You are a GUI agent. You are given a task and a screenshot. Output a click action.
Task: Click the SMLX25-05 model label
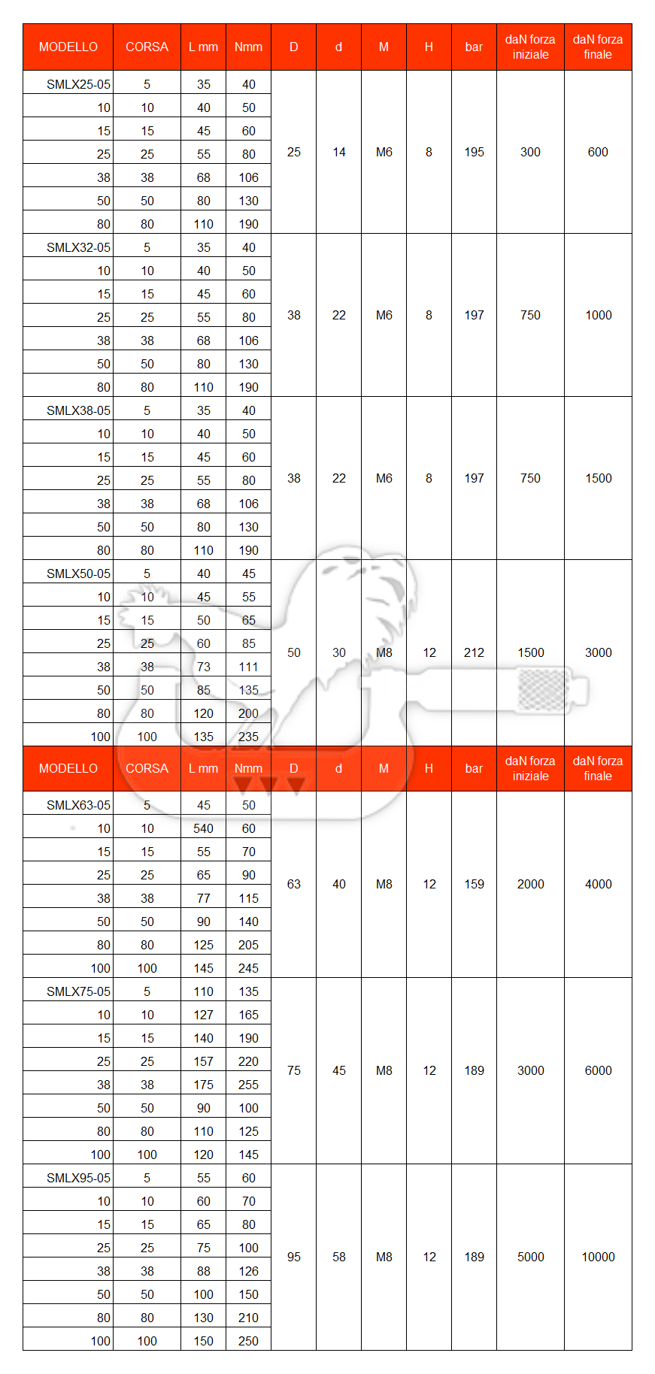click(78, 84)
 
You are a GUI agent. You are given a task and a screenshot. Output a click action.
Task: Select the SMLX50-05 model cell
click(78, 574)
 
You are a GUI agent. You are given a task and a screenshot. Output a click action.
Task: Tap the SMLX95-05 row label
click(78, 1178)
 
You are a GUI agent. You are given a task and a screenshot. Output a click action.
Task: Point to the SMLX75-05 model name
click(78, 991)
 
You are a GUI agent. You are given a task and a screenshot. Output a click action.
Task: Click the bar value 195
click(474, 152)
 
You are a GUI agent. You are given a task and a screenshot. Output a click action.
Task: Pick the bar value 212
click(474, 652)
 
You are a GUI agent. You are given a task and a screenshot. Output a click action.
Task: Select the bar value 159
click(474, 884)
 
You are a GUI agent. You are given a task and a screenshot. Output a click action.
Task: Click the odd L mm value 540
click(203, 828)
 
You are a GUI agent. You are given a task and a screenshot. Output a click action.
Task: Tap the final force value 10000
click(598, 1257)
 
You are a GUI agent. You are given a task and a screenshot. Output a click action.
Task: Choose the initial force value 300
click(530, 152)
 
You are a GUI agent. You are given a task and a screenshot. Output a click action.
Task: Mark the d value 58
click(338, 1257)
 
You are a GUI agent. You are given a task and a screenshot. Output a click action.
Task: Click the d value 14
click(338, 152)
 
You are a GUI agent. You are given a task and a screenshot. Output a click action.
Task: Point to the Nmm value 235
click(248, 737)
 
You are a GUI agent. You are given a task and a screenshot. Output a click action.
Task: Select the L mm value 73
click(203, 667)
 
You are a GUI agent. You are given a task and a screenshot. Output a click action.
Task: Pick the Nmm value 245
click(248, 968)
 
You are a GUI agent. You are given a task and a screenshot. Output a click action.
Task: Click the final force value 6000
click(598, 1070)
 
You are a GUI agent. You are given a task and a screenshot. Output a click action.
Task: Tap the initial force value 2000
click(530, 884)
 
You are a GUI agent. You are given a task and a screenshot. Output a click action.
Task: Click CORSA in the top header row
click(147, 47)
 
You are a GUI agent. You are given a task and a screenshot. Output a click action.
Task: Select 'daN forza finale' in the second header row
click(598, 768)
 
